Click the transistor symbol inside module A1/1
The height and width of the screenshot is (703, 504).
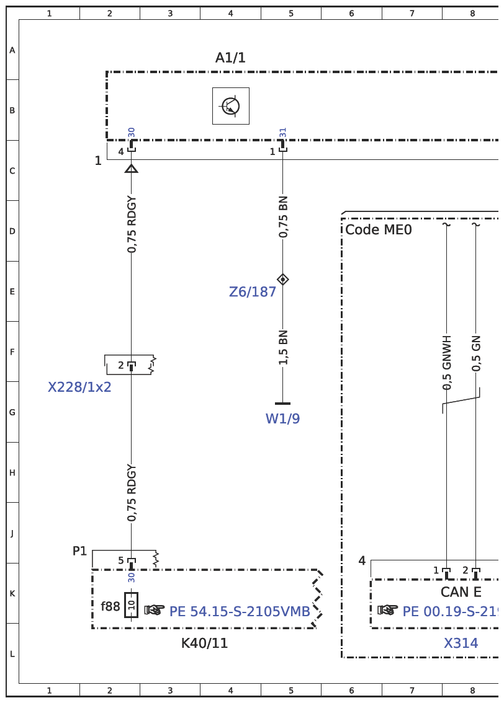[x=231, y=106]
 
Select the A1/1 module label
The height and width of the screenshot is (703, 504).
[x=230, y=58]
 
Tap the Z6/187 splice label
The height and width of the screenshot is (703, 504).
[x=252, y=292]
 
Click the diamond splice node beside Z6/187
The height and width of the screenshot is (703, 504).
[x=283, y=280]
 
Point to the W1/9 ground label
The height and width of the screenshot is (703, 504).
[x=283, y=418]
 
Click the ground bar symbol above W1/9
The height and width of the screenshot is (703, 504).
[x=283, y=404]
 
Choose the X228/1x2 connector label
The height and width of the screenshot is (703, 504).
[x=79, y=387]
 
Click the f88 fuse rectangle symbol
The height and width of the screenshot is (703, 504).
[x=131, y=605]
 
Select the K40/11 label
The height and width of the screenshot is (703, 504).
[x=204, y=643]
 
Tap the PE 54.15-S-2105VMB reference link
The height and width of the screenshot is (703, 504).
[x=240, y=611]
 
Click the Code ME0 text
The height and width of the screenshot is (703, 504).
[x=379, y=229]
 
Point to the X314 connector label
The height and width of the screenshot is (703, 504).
[x=461, y=643]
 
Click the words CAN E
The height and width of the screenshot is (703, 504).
[x=461, y=592]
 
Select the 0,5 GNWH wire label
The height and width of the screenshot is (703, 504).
[x=446, y=363]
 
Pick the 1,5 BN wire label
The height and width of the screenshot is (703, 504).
[x=283, y=347]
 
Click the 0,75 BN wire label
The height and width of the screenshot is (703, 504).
[x=283, y=217]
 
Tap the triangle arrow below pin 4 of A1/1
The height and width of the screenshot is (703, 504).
[x=131, y=169]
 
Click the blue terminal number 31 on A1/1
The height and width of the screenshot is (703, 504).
[x=283, y=133]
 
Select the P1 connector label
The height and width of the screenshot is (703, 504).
[x=79, y=551]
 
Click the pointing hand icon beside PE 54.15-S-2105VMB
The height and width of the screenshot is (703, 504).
[x=154, y=610]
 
